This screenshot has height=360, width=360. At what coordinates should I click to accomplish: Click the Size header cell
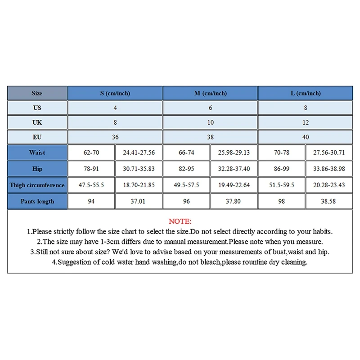coord(37,93)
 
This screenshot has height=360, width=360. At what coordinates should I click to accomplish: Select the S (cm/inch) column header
coord(115,93)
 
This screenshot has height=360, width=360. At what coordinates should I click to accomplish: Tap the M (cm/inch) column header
coord(210,93)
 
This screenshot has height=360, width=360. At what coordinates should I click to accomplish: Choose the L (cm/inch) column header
coord(306,93)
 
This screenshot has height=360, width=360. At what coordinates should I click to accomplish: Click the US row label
coord(37,108)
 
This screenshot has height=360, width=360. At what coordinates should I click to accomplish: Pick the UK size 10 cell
coord(210,122)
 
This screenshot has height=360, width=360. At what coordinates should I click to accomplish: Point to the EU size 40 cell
coord(306,137)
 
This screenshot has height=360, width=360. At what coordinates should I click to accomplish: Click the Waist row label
coord(37,153)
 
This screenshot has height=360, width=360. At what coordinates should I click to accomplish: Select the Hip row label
coord(37,169)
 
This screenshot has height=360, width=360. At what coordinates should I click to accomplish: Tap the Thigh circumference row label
coord(37,185)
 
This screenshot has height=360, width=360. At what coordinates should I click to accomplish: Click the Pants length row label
coord(37,201)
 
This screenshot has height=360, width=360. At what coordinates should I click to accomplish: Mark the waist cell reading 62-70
coord(91,153)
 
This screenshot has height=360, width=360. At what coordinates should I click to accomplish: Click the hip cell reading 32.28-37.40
coord(234,169)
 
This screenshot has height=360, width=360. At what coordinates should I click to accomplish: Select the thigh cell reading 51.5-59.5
coord(282,185)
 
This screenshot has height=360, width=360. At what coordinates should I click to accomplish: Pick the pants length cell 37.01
coord(139,201)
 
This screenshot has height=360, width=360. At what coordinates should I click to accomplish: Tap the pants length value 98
coord(282,201)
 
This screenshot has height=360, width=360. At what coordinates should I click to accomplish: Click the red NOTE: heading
coord(180,221)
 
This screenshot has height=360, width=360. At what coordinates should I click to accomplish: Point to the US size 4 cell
coord(115,108)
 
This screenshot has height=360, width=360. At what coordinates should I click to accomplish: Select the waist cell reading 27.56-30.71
coord(329,153)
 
